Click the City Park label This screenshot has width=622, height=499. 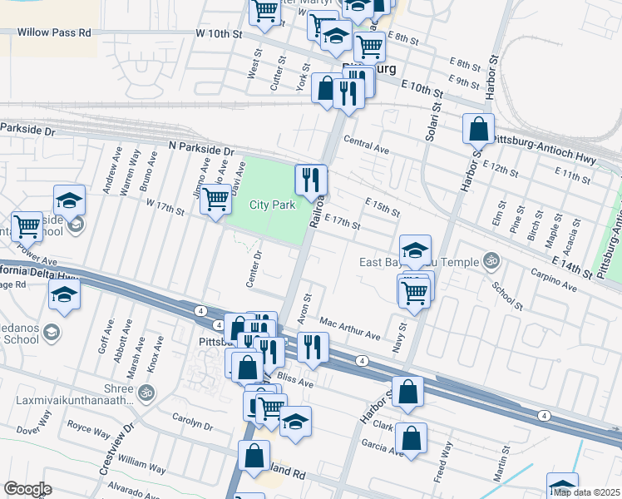[x=273, y=205]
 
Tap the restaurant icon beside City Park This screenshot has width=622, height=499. [x=311, y=179]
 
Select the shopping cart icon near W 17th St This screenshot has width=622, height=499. [x=215, y=199]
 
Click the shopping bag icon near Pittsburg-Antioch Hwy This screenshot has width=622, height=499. [x=479, y=129]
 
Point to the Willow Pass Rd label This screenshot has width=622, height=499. [x=57, y=33]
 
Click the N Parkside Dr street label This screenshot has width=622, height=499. [x=200, y=148]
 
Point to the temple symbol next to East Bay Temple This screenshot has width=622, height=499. [x=491, y=261]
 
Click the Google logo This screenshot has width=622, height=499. [x=27, y=489]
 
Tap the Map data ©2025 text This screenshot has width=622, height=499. [x=586, y=492]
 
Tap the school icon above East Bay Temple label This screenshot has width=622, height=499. [x=415, y=249]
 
